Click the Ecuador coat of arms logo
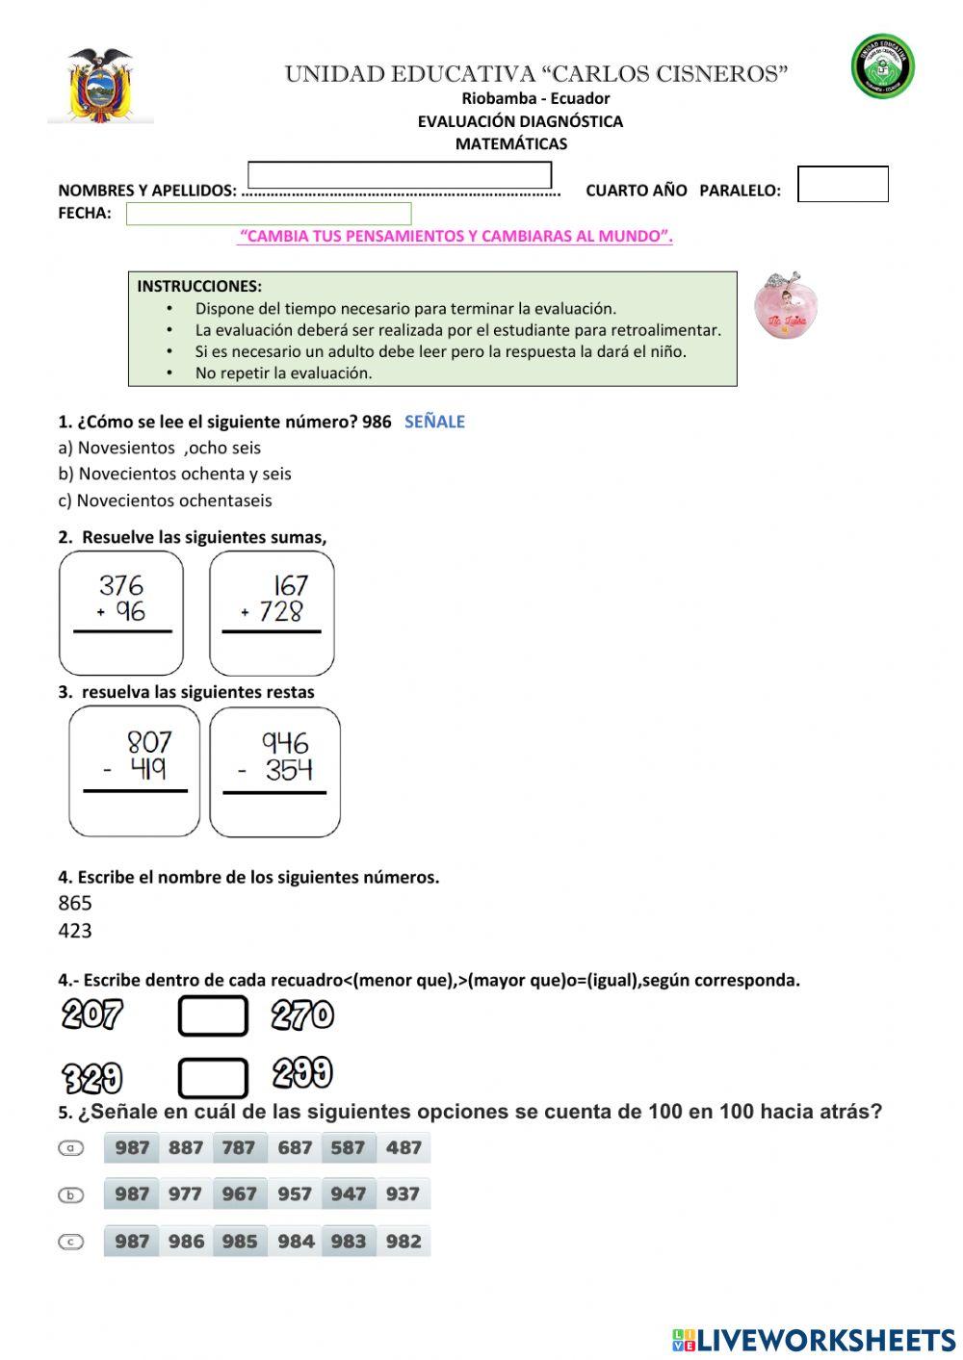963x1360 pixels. [x=100, y=85]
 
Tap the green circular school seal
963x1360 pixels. [x=882, y=66]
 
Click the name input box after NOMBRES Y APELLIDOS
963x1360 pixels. [x=400, y=175]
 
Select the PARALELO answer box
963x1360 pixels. [x=843, y=184]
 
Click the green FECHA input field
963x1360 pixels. [x=269, y=214]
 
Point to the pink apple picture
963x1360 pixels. [x=785, y=307]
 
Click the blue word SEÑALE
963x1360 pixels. [x=434, y=422]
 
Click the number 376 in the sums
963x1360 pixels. [x=121, y=585]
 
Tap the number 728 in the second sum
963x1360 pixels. [x=281, y=611]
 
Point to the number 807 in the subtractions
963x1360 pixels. [x=149, y=742]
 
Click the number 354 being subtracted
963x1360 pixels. [x=289, y=770]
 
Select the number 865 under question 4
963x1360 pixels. [x=75, y=903]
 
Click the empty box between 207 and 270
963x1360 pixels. [x=213, y=1016]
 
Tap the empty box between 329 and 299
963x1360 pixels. [x=213, y=1077]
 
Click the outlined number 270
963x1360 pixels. [x=302, y=1015]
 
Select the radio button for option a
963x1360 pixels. [x=71, y=1147]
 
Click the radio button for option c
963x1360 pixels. [x=71, y=1242]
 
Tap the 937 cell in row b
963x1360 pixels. [x=403, y=1194]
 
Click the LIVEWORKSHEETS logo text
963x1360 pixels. [x=825, y=1340]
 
